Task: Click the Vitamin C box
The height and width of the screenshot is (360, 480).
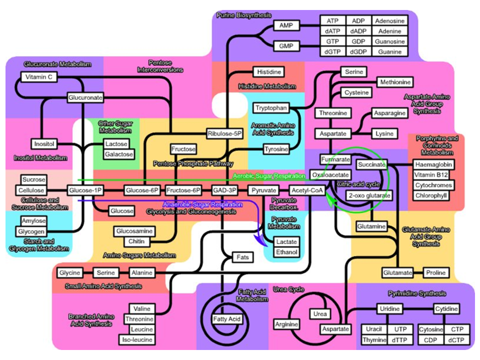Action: click(39, 77)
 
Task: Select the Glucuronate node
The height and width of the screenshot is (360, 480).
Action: click(85, 98)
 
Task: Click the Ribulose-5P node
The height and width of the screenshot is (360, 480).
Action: click(224, 133)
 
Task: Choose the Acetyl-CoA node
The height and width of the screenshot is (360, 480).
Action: click(307, 190)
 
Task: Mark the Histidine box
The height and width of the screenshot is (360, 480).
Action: click(269, 72)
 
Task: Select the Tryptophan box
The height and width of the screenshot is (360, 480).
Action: click(271, 108)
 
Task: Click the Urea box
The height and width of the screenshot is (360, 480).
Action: click(319, 314)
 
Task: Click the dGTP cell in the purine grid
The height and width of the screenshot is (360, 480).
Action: click(332, 51)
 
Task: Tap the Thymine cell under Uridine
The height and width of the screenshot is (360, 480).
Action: click(374, 340)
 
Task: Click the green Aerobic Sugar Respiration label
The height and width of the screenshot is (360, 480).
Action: click(269, 176)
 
